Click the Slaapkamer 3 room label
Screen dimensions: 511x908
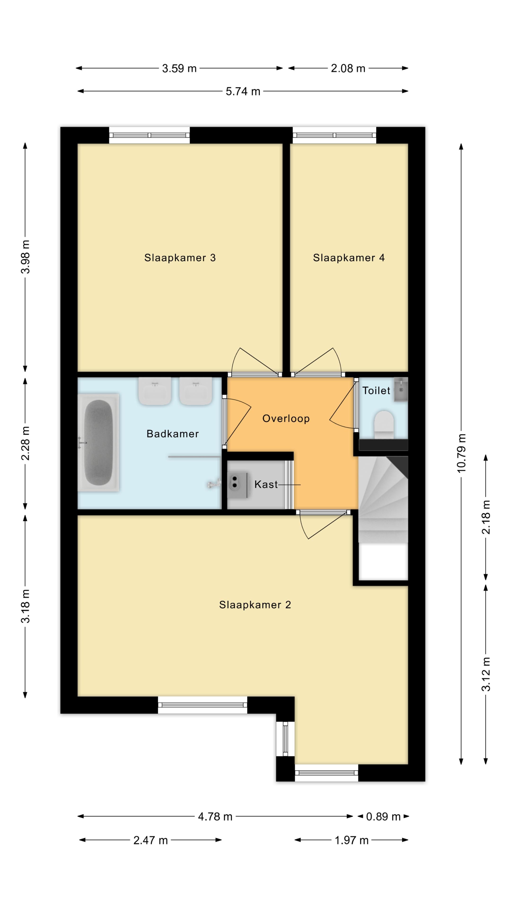coord(180,258)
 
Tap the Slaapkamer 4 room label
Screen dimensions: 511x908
coord(349,258)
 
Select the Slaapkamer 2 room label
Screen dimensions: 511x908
coord(255,605)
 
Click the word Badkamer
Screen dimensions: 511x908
coord(173,434)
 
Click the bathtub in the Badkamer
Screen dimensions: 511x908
coord(98,442)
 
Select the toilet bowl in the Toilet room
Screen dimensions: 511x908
coord(384,424)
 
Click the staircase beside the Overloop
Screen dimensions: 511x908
coord(383,500)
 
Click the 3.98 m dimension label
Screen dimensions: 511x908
coord(25,257)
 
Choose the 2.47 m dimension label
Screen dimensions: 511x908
coord(151,840)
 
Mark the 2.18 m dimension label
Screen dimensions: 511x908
coord(486,517)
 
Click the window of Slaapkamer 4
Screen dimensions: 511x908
coord(334,135)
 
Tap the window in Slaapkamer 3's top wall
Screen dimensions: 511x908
coord(150,135)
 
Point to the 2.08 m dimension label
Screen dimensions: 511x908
coord(348,68)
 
